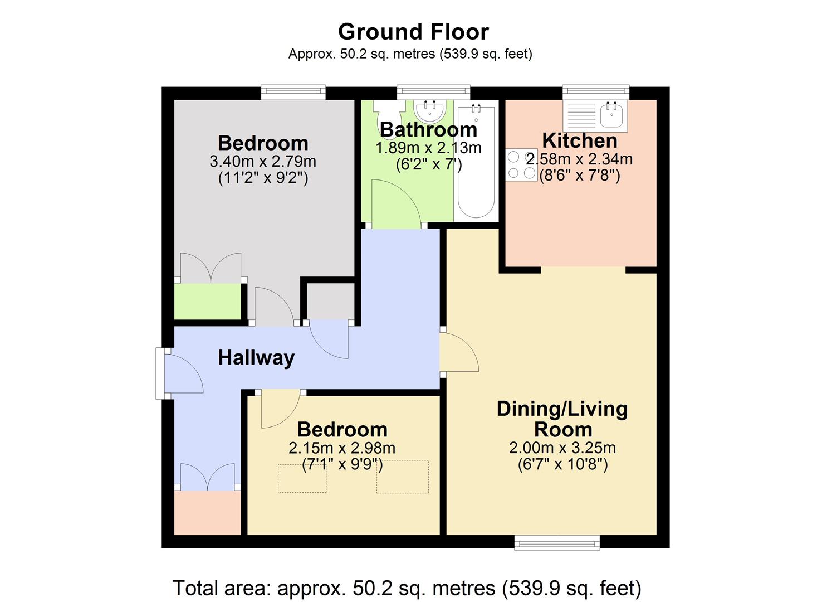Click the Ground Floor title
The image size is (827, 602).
coord(413,32)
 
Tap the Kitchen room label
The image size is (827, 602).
coord(579,140)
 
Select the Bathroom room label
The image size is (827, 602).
coord(428,130)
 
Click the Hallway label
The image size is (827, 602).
coord(256,358)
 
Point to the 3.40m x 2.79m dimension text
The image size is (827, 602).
coord(263,162)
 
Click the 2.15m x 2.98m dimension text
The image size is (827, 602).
coord(342,448)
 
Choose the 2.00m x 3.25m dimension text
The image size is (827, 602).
coord(562,448)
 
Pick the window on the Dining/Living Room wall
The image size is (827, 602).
coord(557,542)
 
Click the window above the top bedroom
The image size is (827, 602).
coord(293,93)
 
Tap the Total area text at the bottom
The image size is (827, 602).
coord(407,588)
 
